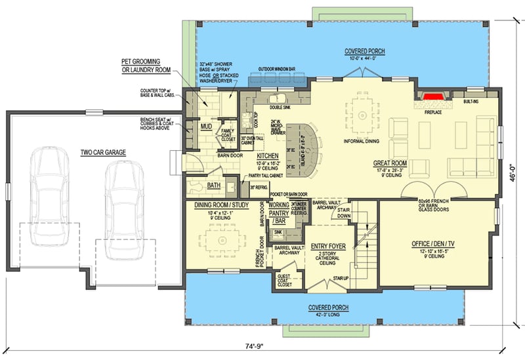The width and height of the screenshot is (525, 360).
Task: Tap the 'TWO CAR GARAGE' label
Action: pyautogui.click(x=103, y=152)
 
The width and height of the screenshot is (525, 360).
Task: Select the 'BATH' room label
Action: pyautogui.click(x=214, y=186)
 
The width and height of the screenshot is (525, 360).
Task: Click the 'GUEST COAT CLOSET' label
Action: pyautogui.click(x=285, y=281)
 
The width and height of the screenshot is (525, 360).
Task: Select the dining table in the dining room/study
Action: pyautogui.click(x=222, y=239)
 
